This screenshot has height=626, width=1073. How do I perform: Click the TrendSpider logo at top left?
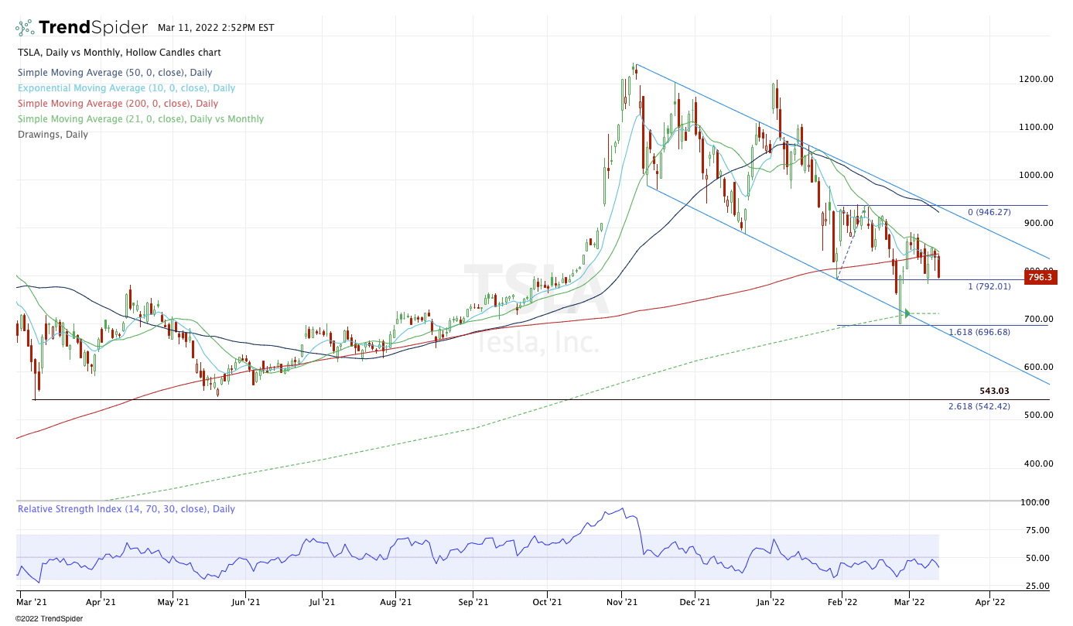(81, 27)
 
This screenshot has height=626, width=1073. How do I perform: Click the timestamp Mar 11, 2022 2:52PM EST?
(215, 28)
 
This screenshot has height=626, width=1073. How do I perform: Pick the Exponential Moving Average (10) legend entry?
(126, 88)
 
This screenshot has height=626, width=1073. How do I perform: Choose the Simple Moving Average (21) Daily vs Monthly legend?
(140, 119)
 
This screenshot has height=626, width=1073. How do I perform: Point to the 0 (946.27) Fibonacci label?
(989, 212)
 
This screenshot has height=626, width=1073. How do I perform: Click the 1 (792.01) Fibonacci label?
(989, 286)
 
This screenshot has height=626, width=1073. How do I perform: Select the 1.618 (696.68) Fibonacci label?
(979, 332)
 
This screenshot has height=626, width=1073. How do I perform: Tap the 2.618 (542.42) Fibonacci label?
(979, 406)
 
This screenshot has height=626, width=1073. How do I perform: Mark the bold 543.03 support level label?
(993, 392)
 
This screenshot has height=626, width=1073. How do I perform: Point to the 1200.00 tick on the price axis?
(1035, 79)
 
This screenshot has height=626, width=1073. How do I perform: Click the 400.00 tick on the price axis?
(1035, 464)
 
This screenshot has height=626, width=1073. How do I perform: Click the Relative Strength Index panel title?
(126, 509)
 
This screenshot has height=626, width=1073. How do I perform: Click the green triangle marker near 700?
(907, 313)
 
